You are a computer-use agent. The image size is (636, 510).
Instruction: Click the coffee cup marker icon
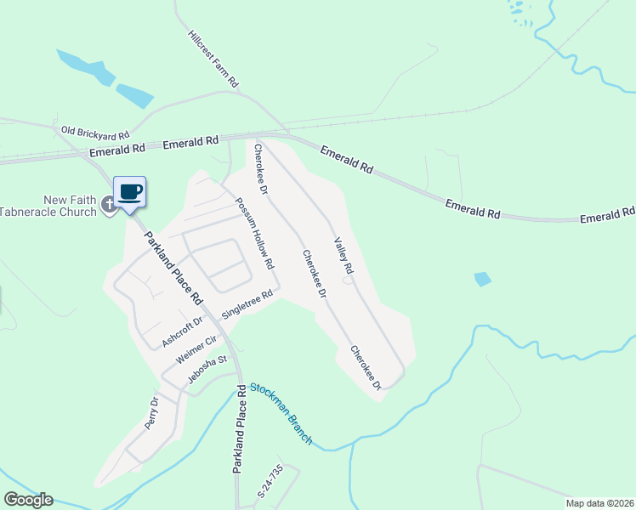pos(129,191)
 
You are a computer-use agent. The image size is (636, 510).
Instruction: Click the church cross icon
pos(108,204)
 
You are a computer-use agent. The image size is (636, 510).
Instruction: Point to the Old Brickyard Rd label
pos(94,133)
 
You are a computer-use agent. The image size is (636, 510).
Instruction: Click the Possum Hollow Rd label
pos(254,234)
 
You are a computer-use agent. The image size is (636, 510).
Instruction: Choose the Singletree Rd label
pos(247,304)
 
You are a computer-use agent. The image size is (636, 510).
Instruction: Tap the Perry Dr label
pos(152,413)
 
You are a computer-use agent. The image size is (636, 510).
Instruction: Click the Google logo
pos(28,500)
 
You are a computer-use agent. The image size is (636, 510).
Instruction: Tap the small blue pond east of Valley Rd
pos(482,279)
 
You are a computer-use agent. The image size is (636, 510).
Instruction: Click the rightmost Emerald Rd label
pos(608,215)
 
